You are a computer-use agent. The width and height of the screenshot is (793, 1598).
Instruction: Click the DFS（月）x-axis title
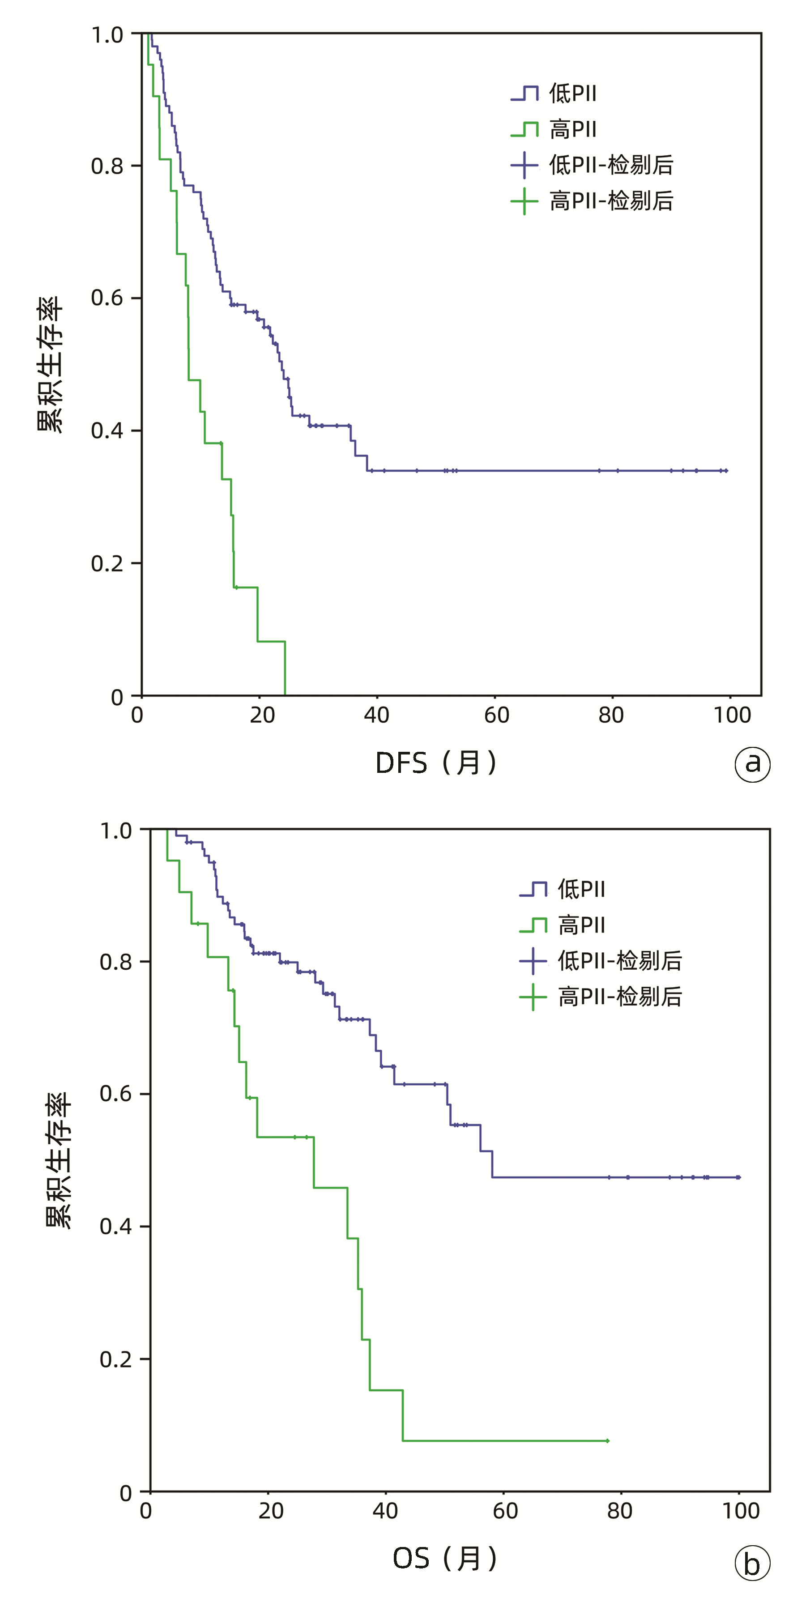coord(436,763)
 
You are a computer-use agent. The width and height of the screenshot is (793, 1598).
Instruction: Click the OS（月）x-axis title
coord(445,1558)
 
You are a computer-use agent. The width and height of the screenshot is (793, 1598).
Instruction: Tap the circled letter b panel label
coord(752,1564)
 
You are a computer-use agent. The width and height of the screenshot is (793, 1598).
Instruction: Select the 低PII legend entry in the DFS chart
coord(554,94)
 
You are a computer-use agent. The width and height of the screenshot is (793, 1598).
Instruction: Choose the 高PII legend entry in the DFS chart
coord(554,130)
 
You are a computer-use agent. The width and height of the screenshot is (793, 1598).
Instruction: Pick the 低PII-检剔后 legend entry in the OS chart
coord(601,961)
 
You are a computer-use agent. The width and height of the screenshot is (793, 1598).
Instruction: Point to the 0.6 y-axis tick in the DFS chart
coord(107,298)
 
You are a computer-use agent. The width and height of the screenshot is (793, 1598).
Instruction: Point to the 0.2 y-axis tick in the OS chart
coord(116,1359)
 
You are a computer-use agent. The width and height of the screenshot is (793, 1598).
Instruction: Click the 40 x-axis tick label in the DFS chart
coord(377,715)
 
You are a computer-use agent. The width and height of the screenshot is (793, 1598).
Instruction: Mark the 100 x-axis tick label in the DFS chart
coord(732,715)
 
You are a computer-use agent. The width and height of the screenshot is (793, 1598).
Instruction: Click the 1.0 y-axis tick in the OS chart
coord(116,831)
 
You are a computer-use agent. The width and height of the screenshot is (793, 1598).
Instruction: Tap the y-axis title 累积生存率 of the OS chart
coord(59,1160)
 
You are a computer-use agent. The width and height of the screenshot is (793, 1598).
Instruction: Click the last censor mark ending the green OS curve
coord(607,1440)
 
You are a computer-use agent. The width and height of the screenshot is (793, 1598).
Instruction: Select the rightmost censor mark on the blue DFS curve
coord(726,471)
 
